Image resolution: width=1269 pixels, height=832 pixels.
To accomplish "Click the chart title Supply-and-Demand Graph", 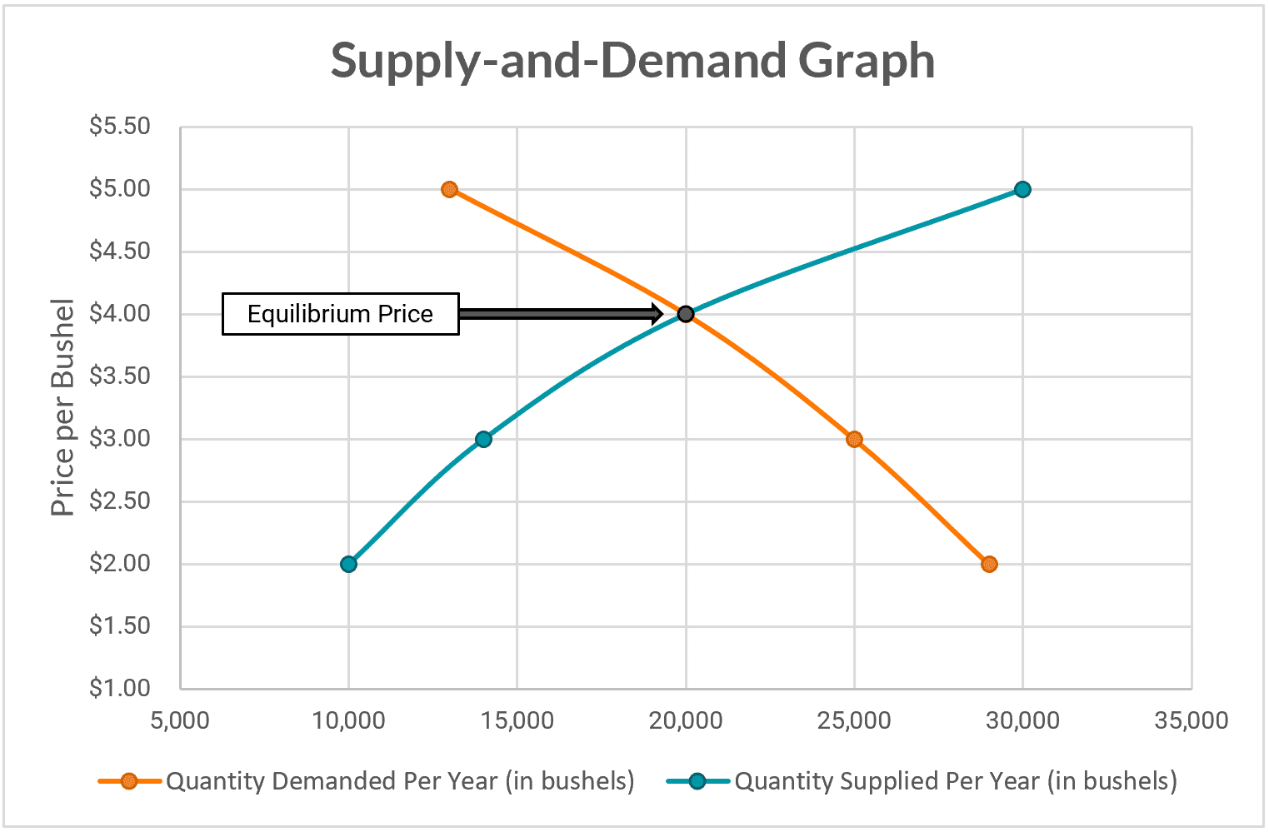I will click(632, 61).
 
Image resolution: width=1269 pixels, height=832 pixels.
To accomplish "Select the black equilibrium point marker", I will click(685, 314).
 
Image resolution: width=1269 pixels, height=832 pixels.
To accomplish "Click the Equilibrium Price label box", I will click(340, 314).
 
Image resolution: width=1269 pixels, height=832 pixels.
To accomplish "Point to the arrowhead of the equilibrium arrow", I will click(657, 314).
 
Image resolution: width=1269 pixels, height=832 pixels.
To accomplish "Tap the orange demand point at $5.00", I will click(450, 189).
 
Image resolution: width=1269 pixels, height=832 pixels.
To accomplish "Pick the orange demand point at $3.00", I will click(854, 439).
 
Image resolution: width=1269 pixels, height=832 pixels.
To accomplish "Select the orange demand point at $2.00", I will click(989, 564).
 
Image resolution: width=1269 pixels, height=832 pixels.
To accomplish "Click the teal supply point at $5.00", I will click(1022, 189).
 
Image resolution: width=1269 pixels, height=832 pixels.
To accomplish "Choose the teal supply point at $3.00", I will click(483, 439).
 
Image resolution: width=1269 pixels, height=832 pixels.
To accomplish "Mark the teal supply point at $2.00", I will click(348, 564).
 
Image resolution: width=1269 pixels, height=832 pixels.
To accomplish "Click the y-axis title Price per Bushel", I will click(62, 407).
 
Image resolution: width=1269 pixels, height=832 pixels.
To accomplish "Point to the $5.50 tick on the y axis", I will click(120, 127).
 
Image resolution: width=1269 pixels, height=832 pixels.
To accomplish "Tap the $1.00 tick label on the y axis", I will click(120, 689).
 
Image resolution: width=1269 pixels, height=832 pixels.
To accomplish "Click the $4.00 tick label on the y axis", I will click(120, 314).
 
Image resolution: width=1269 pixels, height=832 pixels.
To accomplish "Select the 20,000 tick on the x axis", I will click(685, 720).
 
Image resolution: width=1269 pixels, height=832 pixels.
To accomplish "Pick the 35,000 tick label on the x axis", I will click(1191, 720).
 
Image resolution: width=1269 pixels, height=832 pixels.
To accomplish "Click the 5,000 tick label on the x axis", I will click(180, 720).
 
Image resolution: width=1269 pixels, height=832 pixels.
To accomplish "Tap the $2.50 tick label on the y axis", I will click(120, 501).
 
